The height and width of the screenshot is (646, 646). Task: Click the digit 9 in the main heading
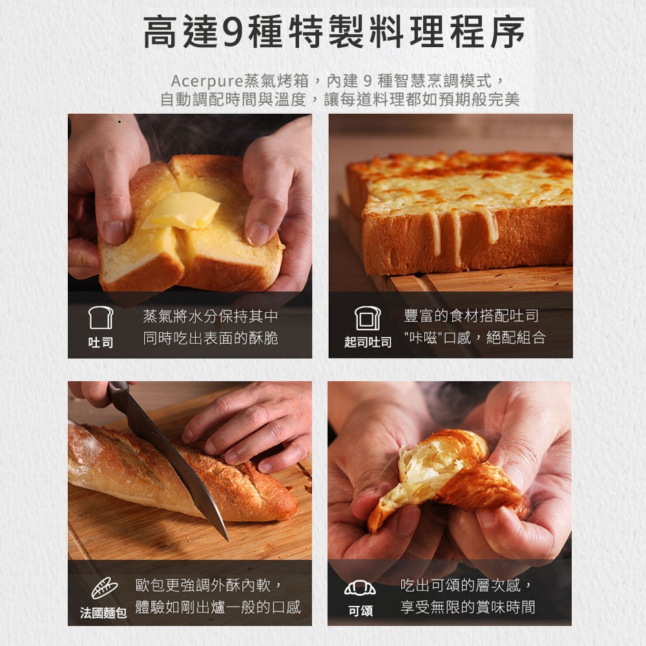(233, 32)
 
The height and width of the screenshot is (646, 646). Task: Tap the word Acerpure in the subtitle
(207, 81)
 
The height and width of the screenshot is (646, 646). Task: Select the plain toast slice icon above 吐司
(101, 317)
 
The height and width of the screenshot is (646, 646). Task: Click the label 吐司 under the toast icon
(101, 342)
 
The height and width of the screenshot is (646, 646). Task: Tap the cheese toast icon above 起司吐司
(368, 318)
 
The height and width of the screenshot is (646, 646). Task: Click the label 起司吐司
(368, 342)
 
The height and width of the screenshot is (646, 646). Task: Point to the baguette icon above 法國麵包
(104, 588)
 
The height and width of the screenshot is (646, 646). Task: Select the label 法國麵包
(103, 613)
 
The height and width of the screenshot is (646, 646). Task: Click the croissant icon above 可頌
(360, 588)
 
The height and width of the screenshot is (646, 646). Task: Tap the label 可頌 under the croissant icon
(360, 611)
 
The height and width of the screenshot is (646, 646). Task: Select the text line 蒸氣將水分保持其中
(211, 316)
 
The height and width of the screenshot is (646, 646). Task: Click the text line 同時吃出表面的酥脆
(211, 339)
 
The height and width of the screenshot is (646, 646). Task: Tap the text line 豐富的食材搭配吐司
(472, 316)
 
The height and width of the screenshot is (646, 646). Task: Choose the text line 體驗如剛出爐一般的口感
(218, 607)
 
